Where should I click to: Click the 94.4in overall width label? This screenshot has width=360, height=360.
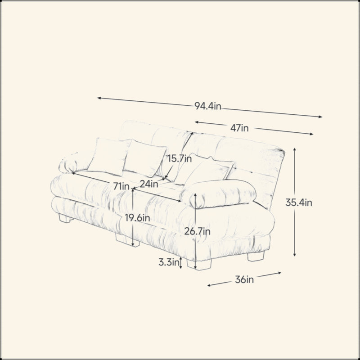click(207, 106)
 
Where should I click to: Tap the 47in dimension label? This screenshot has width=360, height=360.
click(239, 128)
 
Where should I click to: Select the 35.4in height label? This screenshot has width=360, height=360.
click(299, 202)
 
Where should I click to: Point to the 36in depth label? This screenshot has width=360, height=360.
click(244, 279)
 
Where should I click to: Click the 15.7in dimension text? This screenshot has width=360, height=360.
click(179, 159)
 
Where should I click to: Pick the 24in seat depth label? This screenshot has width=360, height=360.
click(149, 184)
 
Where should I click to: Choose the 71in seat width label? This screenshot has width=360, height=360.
click(121, 186)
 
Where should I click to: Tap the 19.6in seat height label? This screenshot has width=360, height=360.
click(137, 218)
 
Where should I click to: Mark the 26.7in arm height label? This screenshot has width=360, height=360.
click(197, 231)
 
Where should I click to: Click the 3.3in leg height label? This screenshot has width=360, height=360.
click(169, 262)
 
